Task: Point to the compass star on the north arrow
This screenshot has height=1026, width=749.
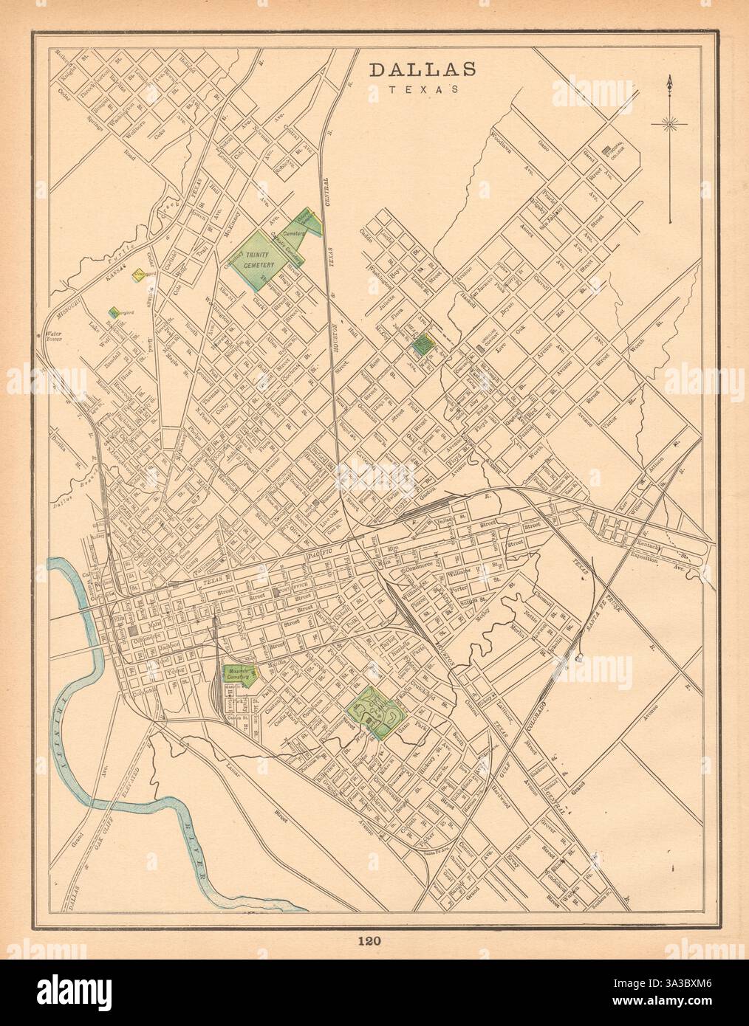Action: (x=669, y=124)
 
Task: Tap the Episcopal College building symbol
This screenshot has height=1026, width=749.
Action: (x=608, y=150)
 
